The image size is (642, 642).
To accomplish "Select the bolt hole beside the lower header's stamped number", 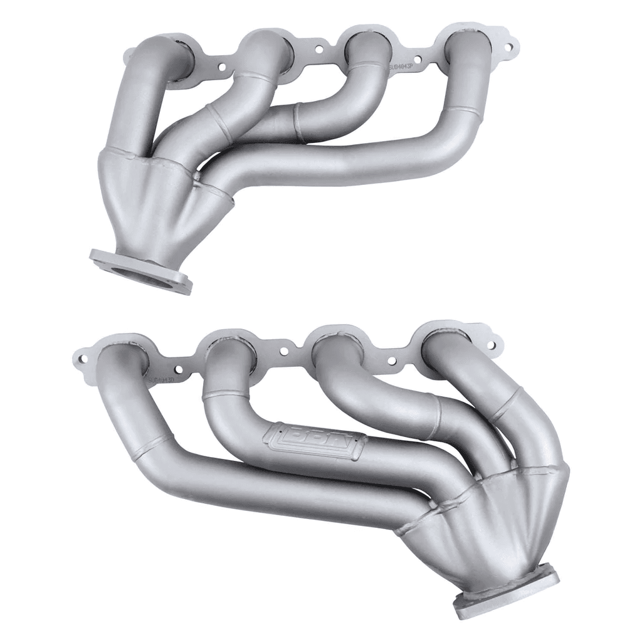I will tap(179, 371).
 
